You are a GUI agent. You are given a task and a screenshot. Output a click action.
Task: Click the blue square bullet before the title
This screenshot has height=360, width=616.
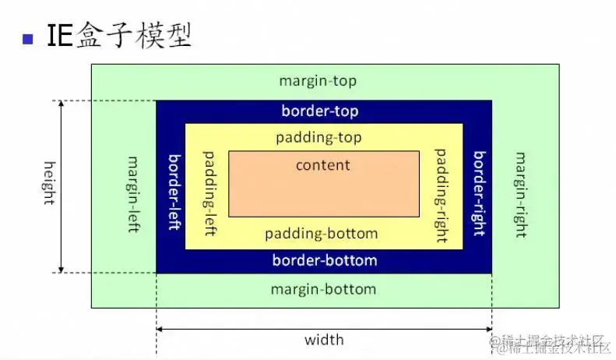click(29, 37)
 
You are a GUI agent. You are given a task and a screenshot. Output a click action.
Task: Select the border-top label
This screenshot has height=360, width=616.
click(320, 111)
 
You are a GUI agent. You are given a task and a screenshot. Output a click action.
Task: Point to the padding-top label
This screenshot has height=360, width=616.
click(319, 138)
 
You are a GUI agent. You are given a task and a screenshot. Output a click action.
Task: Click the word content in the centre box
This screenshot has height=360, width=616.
click(323, 165)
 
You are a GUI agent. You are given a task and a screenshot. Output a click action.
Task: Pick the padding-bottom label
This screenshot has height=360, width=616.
click(321, 234)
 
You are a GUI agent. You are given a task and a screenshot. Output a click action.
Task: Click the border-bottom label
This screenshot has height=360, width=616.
click(325, 260)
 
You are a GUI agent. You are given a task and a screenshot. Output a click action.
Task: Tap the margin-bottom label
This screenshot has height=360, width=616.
click(323, 290)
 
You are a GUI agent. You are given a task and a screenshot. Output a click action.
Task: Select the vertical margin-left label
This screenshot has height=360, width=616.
click(132, 186)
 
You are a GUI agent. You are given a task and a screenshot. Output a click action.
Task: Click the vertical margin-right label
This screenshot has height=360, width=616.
click(519, 189)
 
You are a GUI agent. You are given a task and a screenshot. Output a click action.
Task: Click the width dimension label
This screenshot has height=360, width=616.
click(324, 340)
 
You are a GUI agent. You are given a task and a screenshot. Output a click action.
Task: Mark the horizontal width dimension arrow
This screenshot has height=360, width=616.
click(234, 330)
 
